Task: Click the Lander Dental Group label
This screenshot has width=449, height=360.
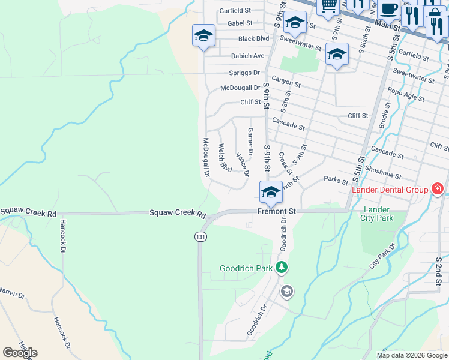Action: click(390, 190)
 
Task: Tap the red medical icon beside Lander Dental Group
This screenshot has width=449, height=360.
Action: click(438, 190)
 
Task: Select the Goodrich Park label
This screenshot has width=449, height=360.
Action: click(246, 268)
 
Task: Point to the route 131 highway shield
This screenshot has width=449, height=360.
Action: click(200, 237)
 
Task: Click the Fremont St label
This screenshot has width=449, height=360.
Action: click(277, 211)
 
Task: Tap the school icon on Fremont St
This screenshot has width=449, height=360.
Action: click(271, 193)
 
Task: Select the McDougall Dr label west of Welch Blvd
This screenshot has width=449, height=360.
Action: click(205, 158)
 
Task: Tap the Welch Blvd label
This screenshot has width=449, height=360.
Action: click(225, 157)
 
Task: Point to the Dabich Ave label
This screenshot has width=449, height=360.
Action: click(247, 56)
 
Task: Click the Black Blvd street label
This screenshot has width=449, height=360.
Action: click(254, 38)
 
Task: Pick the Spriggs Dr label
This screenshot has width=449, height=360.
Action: click(244, 73)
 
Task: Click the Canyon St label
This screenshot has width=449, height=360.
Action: click(285, 80)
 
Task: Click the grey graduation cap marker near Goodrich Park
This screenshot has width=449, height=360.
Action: click(287, 292)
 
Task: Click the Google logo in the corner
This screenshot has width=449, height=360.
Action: click(20, 353)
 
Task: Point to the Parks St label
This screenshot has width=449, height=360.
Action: click(336, 180)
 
